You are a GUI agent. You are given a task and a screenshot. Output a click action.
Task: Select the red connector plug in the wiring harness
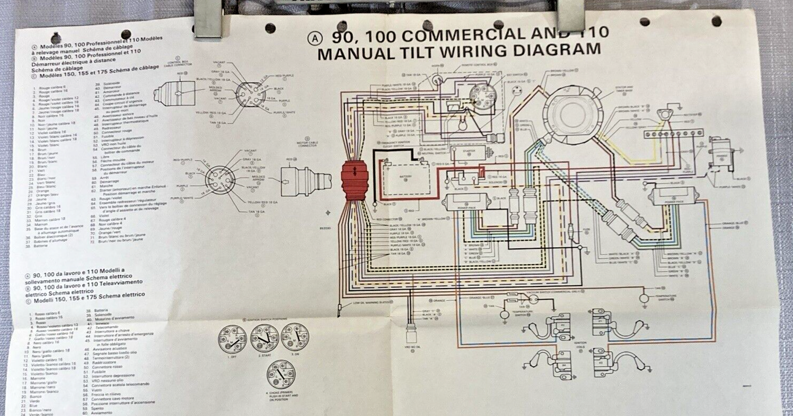coord(355,180)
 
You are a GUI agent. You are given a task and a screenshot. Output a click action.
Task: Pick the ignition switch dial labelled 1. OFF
coord(232,339)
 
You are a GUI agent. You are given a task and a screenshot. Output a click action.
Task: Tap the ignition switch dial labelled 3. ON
coord(295,337)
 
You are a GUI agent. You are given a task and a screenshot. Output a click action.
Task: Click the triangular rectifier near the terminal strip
coord(664,114)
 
